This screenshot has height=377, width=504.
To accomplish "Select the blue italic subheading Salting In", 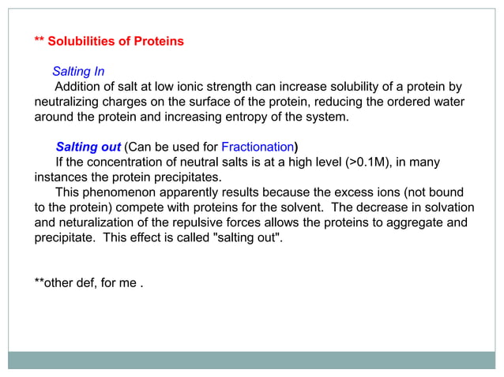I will [x=78, y=71].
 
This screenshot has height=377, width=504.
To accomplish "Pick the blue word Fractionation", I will [x=258, y=147].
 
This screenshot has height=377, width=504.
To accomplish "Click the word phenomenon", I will [x=118, y=192].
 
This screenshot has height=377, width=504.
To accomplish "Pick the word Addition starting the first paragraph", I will [x=80, y=86].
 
